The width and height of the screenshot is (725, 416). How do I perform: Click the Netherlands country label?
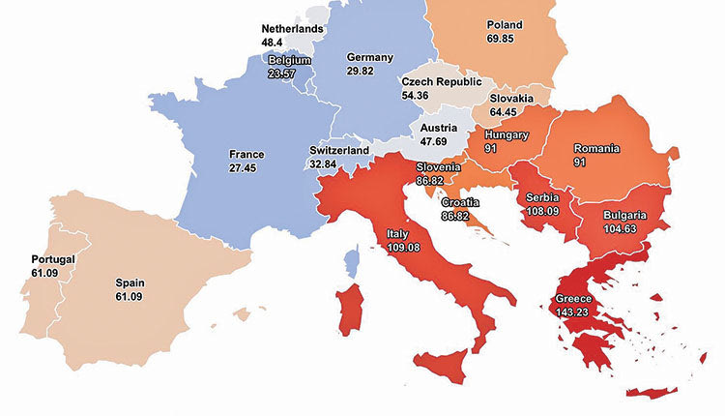(x=292, y=29)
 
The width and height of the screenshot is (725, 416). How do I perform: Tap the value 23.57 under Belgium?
(x=283, y=73)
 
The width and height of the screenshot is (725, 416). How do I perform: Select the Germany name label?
(x=368, y=57)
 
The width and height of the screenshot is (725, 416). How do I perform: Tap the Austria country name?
(x=439, y=127)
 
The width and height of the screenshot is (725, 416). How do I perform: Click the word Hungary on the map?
(x=507, y=135)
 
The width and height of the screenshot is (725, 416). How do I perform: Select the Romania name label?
(x=596, y=149)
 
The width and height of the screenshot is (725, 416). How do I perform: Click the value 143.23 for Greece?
(x=572, y=312)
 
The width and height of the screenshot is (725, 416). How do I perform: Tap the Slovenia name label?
(x=438, y=167)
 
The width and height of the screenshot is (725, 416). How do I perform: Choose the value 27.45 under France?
(x=246, y=168)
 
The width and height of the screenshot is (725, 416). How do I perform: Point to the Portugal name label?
(x=53, y=259)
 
